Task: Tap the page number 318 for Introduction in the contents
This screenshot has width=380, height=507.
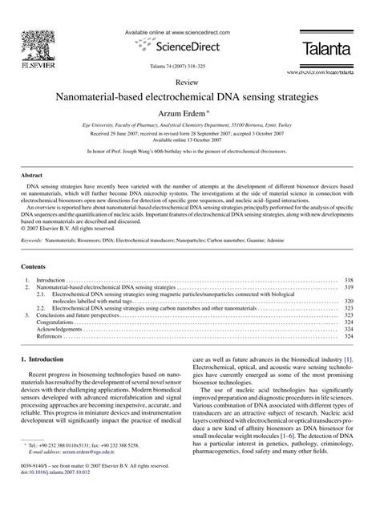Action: pos(350,280)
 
